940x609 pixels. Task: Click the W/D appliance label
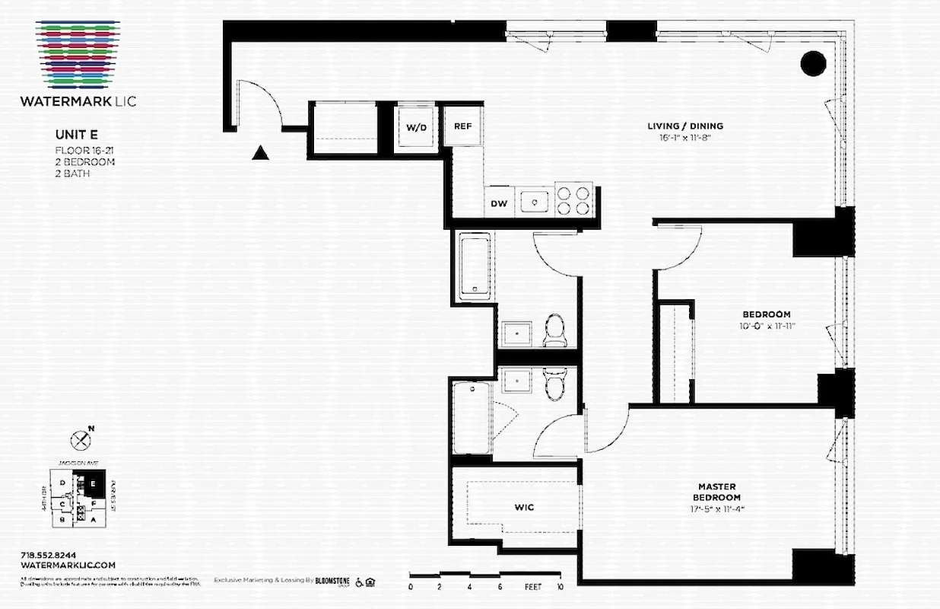[416, 127]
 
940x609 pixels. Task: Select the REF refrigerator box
[463, 126]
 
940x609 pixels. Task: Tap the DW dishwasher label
[498, 203]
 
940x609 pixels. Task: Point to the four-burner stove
[574, 199]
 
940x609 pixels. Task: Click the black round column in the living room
[813, 63]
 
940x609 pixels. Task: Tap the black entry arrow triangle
[261, 153]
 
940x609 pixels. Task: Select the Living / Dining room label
[684, 126]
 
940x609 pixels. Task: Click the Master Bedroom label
[718, 492]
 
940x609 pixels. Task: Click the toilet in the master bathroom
[554, 384]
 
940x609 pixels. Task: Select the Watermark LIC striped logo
[78, 53]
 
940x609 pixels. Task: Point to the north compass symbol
[80, 439]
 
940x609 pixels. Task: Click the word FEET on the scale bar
[532, 587]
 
